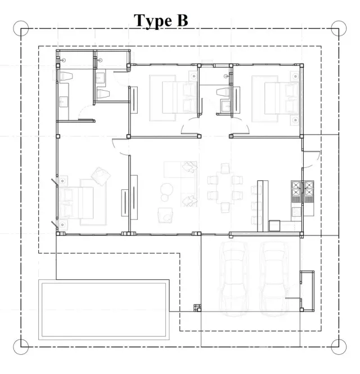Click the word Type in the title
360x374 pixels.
click(153, 21)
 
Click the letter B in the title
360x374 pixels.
click(182, 20)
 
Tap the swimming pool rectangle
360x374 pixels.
click(104, 310)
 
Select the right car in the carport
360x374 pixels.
click(274, 279)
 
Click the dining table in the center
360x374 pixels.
click(225, 188)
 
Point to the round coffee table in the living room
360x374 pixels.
click(166, 189)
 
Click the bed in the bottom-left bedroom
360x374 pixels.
click(76, 203)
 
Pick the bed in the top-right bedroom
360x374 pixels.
click(282, 98)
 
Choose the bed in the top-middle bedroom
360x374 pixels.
click(179, 97)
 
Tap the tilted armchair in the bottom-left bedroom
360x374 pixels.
click(101, 176)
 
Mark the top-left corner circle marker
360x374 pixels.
click(21, 28)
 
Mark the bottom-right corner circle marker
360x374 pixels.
click(339, 346)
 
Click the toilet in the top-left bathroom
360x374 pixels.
click(65, 76)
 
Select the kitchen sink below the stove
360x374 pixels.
click(296, 212)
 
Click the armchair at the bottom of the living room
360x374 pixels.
click(165, 215)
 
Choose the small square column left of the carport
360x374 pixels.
click(197, 308)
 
